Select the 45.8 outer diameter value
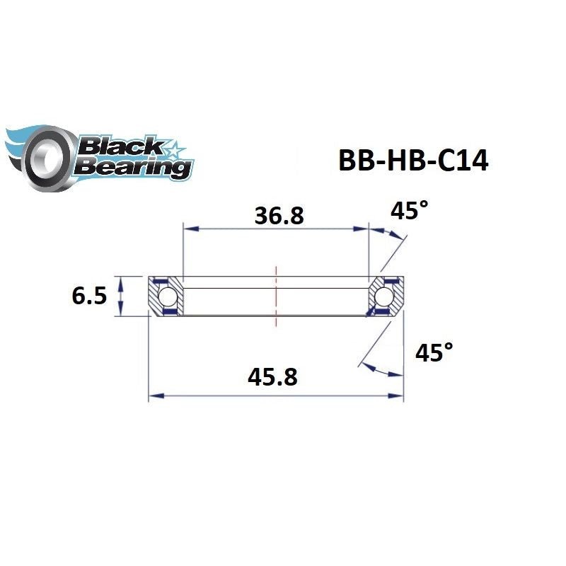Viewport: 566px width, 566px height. (272, 379)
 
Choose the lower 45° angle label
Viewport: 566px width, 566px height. (434, 353)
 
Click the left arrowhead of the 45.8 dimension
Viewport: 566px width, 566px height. (154, 396)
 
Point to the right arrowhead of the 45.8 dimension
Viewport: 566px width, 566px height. (398, 396)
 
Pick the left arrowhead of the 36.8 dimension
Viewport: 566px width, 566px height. (189, 229)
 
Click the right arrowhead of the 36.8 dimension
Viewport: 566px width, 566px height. (363, 229)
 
